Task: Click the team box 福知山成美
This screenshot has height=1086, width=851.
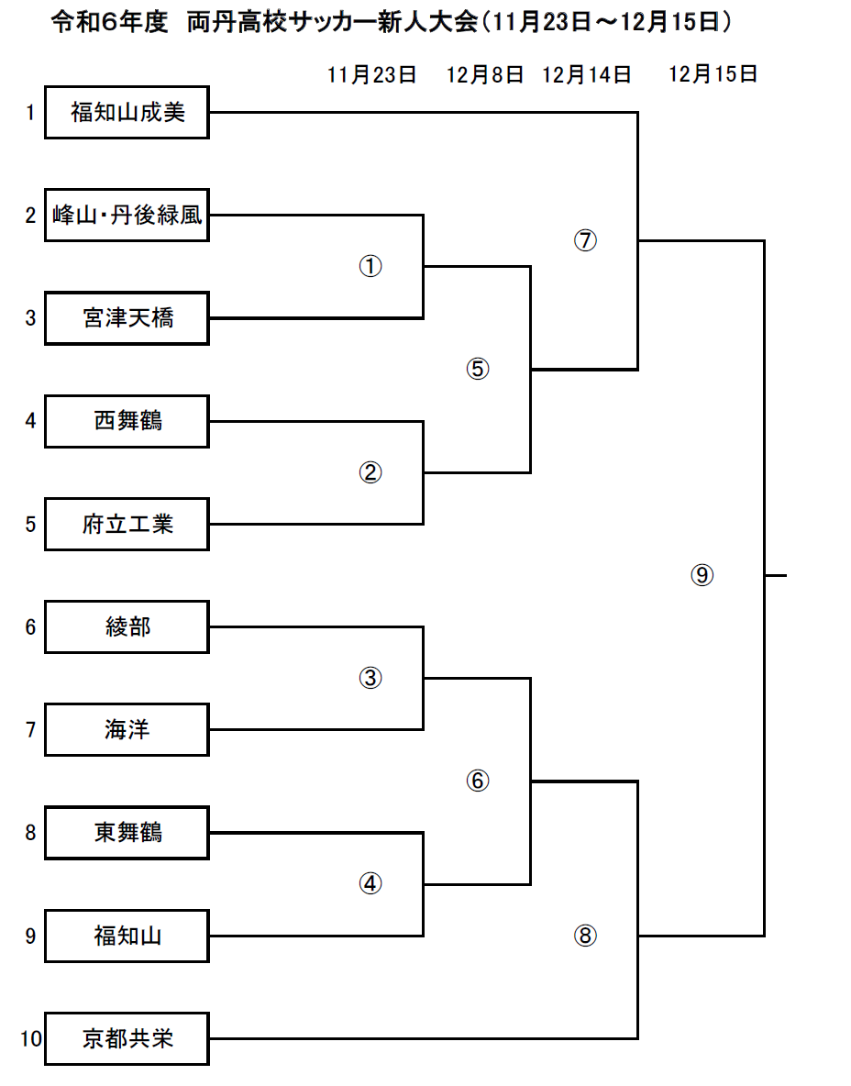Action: click(127, 112)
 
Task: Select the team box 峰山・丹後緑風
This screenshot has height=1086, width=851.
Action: click(127, 216)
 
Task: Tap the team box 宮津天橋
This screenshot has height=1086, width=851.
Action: click(127, 318)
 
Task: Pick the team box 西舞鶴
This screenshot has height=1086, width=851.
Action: click(127, 421)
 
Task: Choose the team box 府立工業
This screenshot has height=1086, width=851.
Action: click(127, 525)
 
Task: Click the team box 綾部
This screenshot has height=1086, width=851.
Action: click(127, 626)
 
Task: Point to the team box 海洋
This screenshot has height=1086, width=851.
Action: click(127, 729)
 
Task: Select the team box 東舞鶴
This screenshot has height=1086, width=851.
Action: click(127, 833)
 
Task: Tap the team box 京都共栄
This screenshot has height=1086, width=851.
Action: click(127, 1039)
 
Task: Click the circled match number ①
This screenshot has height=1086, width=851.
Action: click(370, 266)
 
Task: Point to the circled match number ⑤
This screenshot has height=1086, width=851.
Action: click(478, 369)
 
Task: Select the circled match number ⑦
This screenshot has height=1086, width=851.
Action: click(585, 240)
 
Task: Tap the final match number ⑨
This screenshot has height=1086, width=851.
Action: click(702, 575)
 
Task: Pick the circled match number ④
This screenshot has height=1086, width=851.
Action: click(370, 883)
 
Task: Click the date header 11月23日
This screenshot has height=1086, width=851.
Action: click(371, 75)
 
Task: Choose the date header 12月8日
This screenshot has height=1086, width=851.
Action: click(485, 75)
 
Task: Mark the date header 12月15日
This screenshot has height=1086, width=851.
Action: click(713, 74)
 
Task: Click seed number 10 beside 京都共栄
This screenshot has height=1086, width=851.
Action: click(31, 1039)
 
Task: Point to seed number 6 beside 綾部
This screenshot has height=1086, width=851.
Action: click(30, 626)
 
